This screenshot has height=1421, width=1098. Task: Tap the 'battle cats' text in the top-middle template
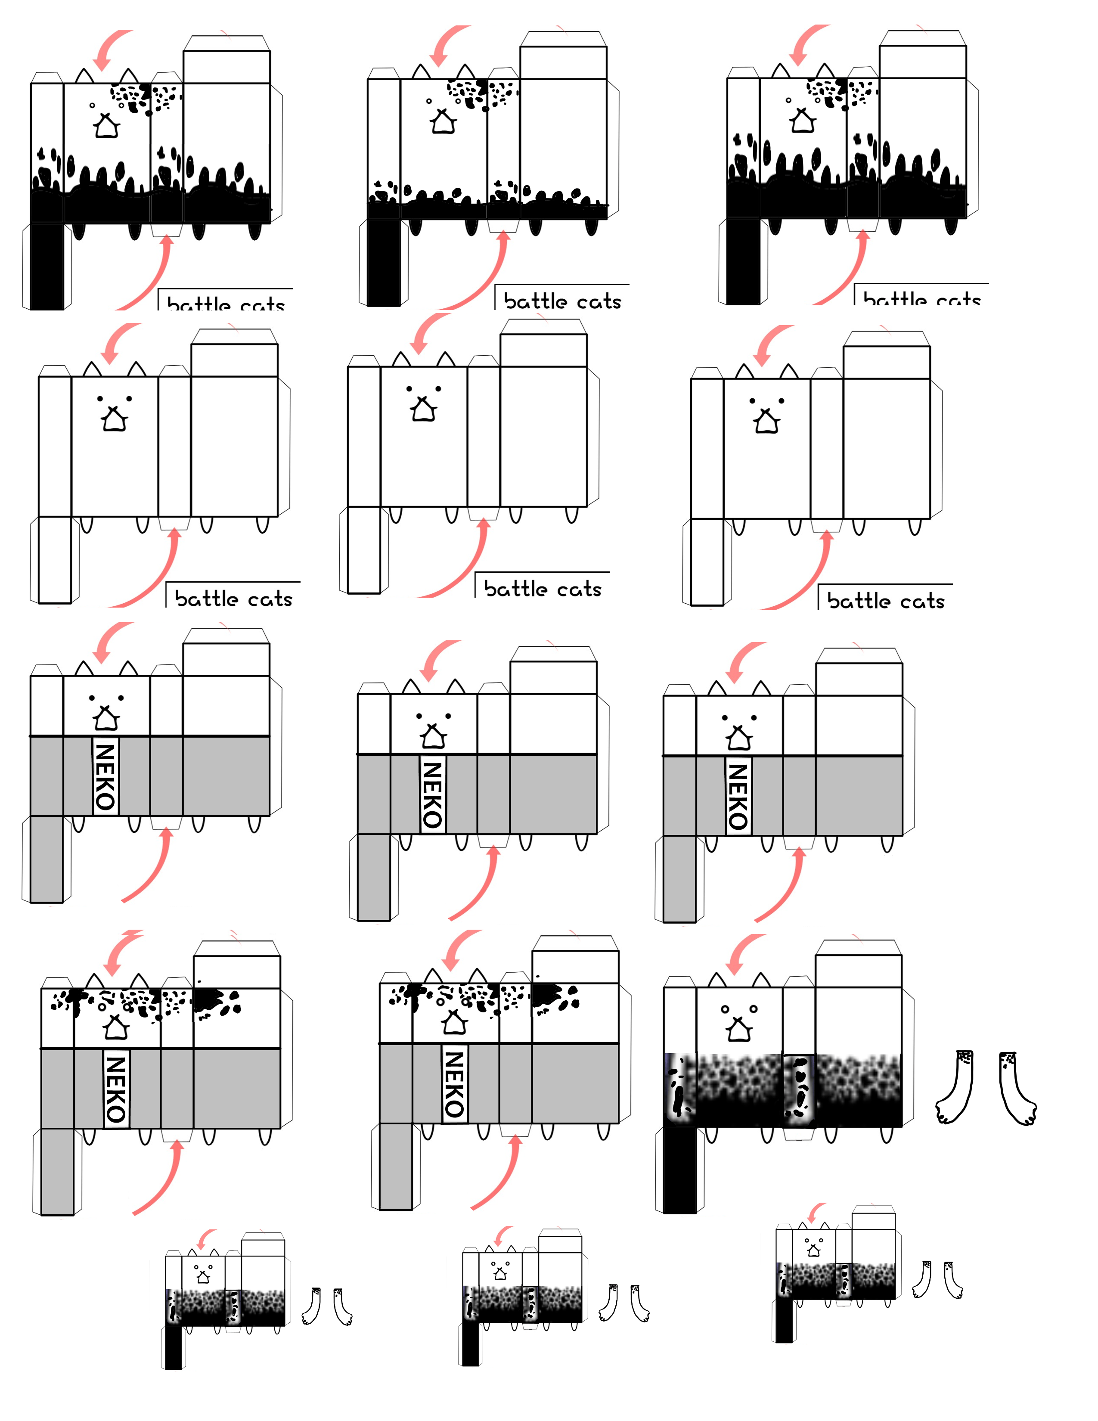click(562, 301)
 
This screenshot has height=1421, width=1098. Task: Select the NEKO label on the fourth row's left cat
click(116, 1089)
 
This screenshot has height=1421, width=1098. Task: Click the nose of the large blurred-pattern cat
click(738, 1029)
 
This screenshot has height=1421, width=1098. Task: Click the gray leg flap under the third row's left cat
click(47, 859)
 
